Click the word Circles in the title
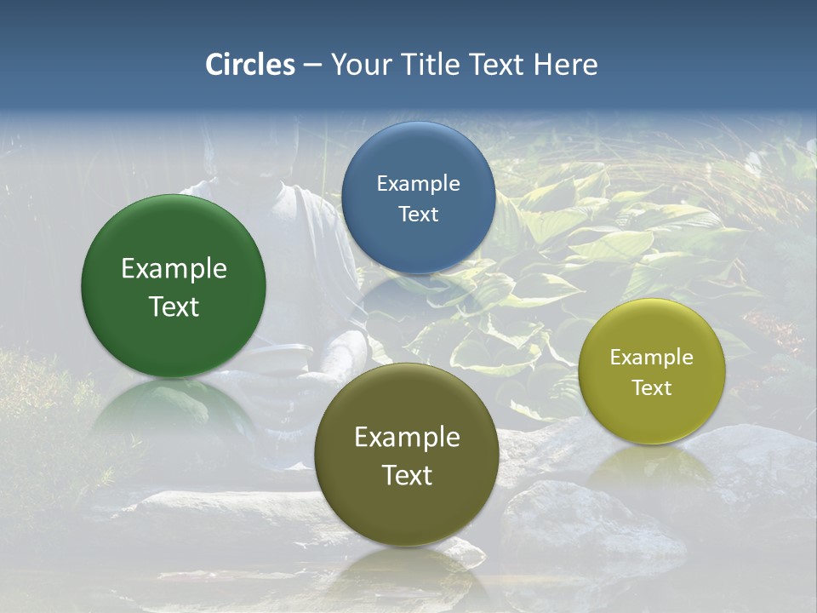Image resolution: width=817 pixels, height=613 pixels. pyautogui.click(x=250, y=65)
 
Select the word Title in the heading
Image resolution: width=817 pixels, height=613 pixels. pyautogui.click(x=435, y=65)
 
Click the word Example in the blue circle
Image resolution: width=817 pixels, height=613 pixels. pyautogui.click(x=418, y=184)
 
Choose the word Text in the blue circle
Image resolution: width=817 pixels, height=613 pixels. pyautogui.click(x=418, y=214)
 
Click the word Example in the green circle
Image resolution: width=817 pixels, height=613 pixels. pyautogui.click(x=174, y=269)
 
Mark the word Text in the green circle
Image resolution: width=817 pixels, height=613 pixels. pyautogui.click(x=174, y=306)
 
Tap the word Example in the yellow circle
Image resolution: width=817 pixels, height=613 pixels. pyautogui.click(x=652, y=358)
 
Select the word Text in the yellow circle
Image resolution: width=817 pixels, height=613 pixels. pyautogui.click(x=652, y=387)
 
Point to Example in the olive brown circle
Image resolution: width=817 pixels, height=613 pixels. pyautogui.click(x=407, y=438)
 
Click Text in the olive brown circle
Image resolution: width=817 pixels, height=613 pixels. pyautogui.click(x=407, y=475)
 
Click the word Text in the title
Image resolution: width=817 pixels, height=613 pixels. pyautogui.click(x=498, y=65)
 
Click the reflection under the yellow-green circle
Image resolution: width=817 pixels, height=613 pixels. pyautogui.click(x=651, y=464)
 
